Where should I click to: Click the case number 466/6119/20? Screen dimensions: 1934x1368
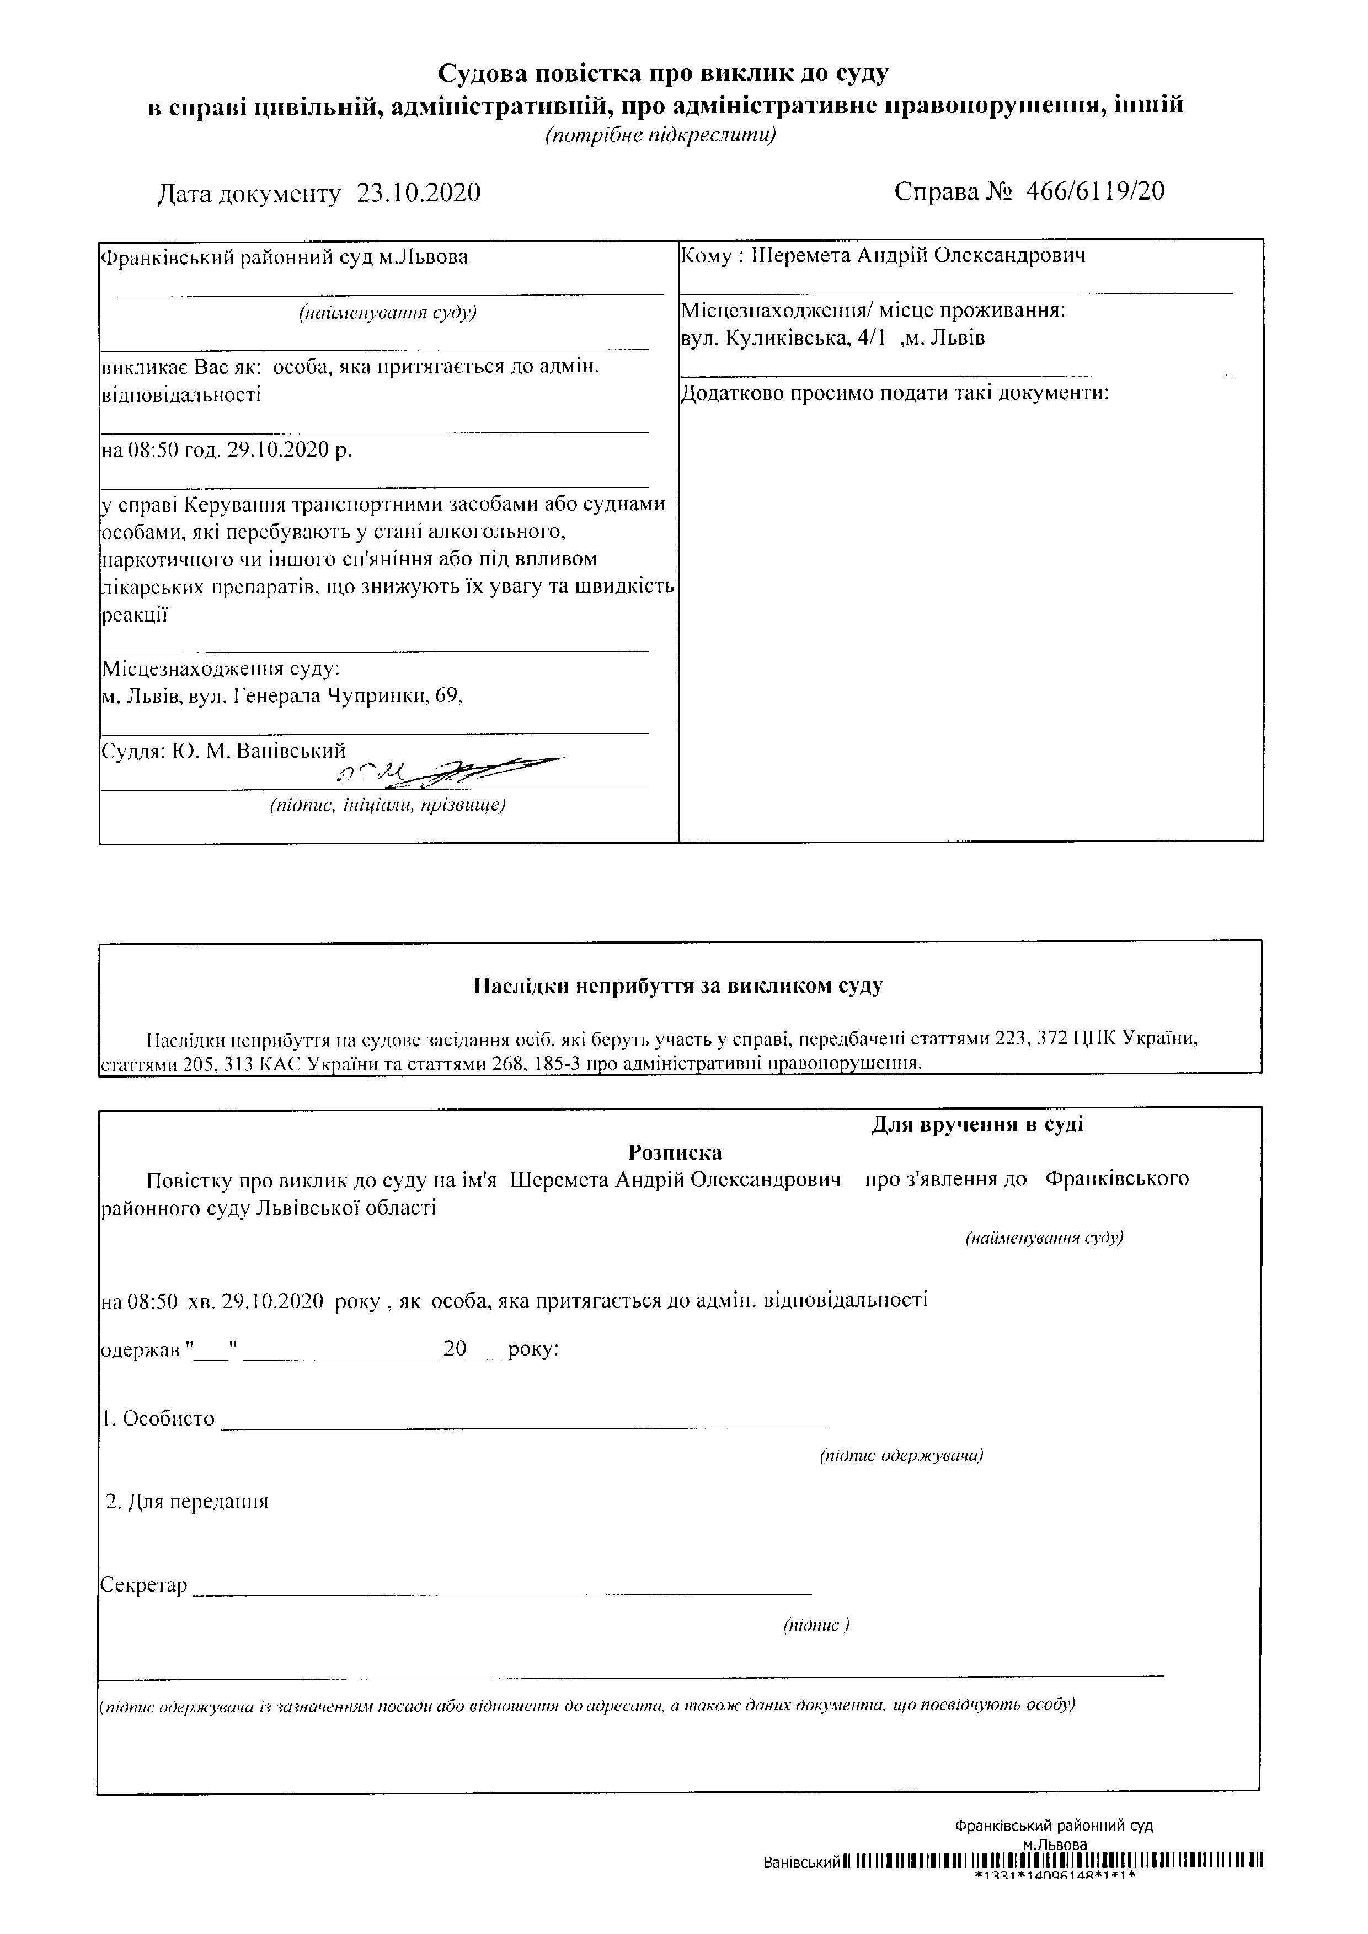(x=1095, y=191)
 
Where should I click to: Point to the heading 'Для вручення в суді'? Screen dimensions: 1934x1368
(x=977, y=1124)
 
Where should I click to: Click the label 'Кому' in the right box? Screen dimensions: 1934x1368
(x=707, y=256)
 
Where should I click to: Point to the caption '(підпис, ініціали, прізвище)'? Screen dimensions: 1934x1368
(x=387, y=805)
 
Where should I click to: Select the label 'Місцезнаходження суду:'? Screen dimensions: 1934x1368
(x=221, y=669)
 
